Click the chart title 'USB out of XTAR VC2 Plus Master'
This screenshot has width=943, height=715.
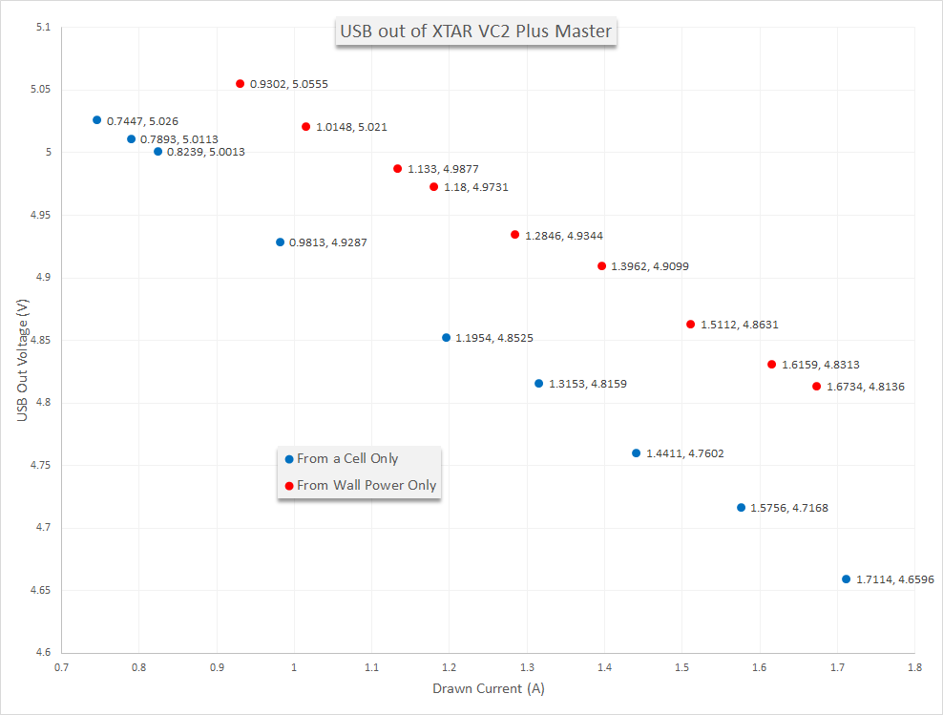coord(475,32)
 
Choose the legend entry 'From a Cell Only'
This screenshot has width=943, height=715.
coord(347,459)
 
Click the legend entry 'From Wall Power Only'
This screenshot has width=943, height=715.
coord(367,486)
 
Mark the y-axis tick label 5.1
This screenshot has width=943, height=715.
coord(41,27)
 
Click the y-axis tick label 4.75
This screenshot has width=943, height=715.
coord(38,466)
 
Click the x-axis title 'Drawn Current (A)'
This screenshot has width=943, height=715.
coord(488,688)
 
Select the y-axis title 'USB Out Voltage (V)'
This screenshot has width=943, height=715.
coord(21,358)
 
